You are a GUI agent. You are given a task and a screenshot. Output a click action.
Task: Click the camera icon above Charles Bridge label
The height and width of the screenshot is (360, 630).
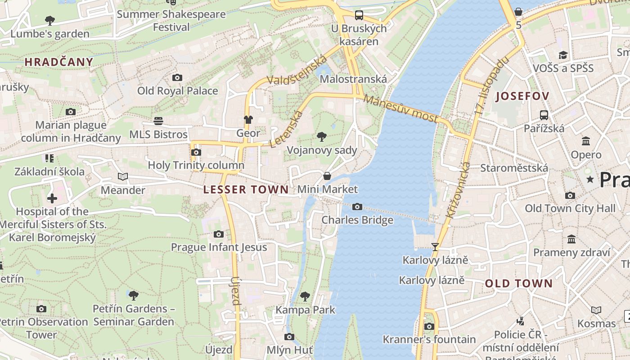[357, 207]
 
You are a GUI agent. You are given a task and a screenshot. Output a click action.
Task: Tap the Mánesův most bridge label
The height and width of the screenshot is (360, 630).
[400, 108]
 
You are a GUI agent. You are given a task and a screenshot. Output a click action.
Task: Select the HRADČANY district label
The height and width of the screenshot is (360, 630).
[59, 62]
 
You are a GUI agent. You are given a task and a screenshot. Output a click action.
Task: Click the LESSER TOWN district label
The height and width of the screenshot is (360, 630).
[246, 189]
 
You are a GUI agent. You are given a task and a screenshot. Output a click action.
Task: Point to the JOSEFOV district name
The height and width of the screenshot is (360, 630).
[522, 96]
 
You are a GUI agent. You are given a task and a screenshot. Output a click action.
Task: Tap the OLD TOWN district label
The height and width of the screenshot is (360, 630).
[518, 283]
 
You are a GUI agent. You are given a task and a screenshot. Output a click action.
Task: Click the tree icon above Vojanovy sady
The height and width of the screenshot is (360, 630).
[321, 137]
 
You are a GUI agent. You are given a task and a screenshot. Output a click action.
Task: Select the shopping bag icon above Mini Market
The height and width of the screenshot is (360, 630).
[327, 176]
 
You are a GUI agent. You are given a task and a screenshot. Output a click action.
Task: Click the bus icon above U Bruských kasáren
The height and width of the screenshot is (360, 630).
[359, 15]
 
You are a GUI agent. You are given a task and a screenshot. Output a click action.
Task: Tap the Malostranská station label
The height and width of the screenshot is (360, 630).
[353, 79]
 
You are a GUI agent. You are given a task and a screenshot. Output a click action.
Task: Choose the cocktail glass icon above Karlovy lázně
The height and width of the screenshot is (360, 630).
[435, 247]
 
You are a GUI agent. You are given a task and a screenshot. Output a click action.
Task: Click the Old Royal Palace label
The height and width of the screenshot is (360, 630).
[177, 91]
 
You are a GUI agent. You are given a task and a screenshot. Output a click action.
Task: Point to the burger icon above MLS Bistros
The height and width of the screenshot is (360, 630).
[158, 121]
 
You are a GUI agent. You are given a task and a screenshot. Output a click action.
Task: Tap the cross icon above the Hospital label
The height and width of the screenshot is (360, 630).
[52, 198]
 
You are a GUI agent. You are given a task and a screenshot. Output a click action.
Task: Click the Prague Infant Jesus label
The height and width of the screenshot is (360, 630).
[219, 247]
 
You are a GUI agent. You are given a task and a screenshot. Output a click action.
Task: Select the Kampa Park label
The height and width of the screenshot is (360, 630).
[305, 310]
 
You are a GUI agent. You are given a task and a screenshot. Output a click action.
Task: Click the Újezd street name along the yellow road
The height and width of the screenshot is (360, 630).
[236, 291]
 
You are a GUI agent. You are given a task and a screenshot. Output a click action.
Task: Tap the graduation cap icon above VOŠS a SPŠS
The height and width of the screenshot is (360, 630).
[562, 55]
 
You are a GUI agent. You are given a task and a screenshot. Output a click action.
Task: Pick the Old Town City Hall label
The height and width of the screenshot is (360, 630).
[570, 208]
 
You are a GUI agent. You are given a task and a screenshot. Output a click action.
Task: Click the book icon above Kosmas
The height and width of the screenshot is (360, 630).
[596, 310]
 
